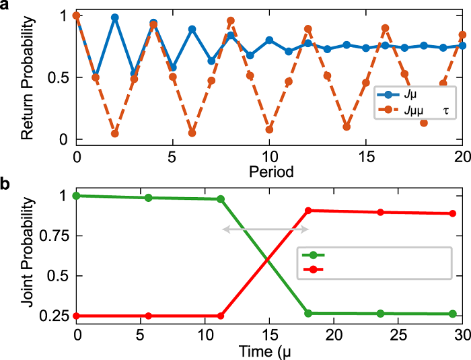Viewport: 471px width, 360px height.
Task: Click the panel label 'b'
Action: click(x=5, y=183)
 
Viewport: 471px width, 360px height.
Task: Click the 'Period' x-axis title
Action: click(x=269, y=172)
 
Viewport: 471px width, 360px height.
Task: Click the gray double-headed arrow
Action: click(x=265, y=229)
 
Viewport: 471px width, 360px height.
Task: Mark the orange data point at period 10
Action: click(x=269, y=129)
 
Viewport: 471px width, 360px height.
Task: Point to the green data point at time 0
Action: click(x=77, y=196)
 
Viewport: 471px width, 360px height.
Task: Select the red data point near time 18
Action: click(x=308, y=211)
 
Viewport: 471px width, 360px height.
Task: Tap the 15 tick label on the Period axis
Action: click(x=365, y=157)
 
